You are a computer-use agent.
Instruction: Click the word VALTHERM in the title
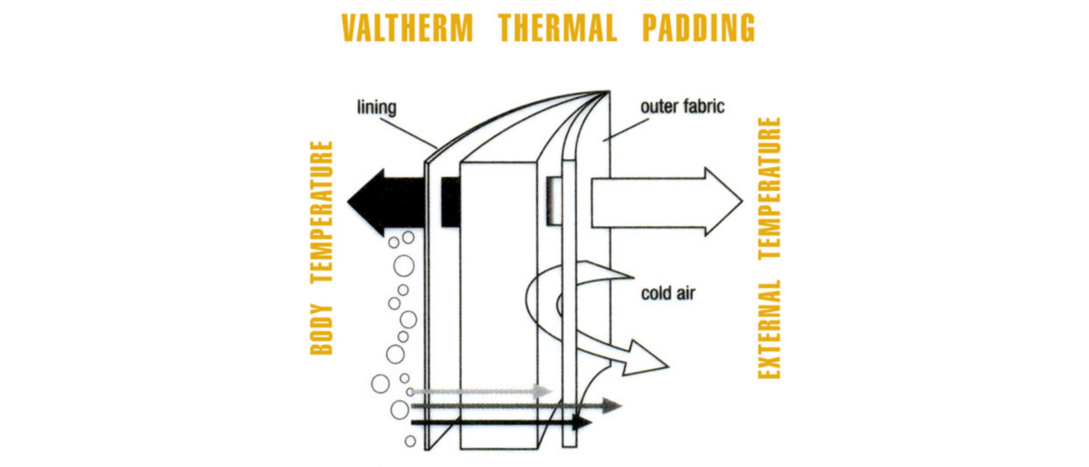[407, 28]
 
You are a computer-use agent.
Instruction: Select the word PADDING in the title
[698, 28]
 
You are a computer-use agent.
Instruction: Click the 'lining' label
[377, 107]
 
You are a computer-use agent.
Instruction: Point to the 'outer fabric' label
[682, 107]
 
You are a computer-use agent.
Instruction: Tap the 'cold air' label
[668, 294]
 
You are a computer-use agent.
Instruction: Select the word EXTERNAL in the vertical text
[769, 329]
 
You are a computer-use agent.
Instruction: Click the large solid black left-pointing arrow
[385, 202]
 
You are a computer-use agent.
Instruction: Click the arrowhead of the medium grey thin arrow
[612, 406]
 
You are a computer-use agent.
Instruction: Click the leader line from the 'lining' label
[408, 132]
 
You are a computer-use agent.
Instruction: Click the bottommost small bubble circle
[410, 441]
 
